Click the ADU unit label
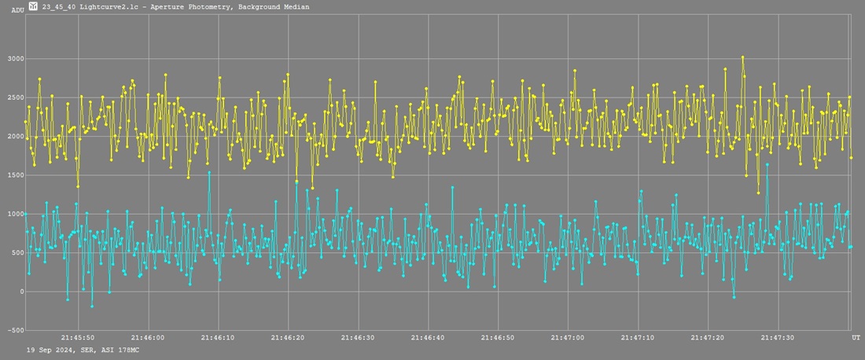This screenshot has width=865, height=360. (17, 10)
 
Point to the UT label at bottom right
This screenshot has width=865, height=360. (856, 338)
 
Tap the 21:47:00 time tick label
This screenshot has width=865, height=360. (568, 338)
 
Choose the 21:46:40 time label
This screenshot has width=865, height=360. (429, 338)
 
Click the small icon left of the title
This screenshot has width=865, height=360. (32, 6)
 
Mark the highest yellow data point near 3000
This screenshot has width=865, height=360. (742, 57)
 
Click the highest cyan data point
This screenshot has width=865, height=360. (767, 164)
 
